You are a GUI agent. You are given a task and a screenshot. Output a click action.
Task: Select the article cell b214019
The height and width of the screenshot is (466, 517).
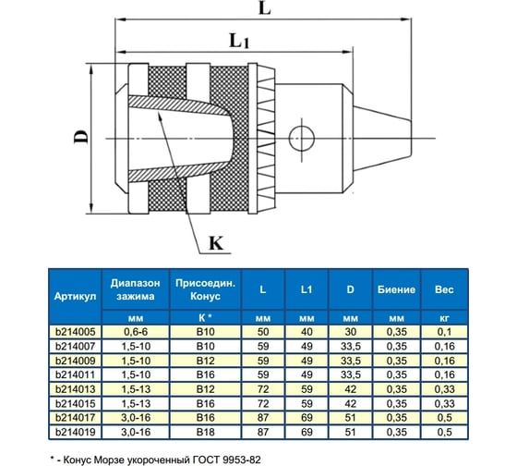tap(76, 431)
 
